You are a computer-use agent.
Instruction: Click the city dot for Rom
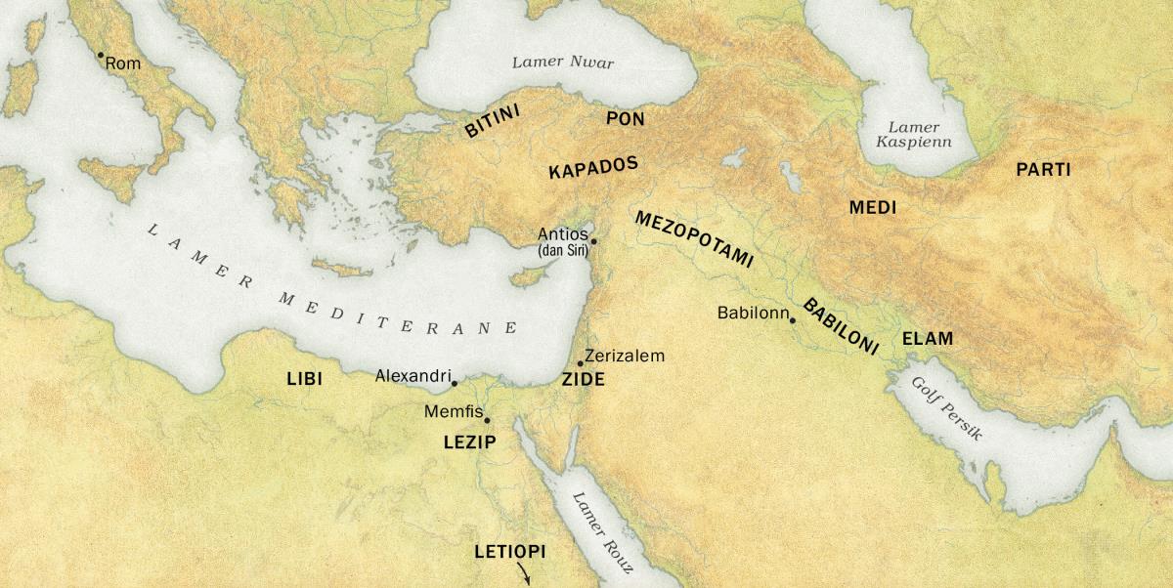100,56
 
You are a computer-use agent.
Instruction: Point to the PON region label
625,119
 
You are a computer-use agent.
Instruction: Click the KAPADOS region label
593,166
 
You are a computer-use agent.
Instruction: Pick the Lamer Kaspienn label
913,135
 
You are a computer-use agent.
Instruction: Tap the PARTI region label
1043,170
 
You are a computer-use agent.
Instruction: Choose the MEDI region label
872,208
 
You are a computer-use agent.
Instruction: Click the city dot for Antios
593,240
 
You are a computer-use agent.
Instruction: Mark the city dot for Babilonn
793,320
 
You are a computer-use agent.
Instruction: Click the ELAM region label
927,340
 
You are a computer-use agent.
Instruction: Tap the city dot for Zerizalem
581,363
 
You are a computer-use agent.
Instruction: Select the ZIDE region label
584,380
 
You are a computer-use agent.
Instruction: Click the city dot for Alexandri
455,383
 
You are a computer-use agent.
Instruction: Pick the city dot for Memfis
487,420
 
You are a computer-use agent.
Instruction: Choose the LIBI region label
305,378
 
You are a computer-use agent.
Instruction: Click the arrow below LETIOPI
524,574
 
